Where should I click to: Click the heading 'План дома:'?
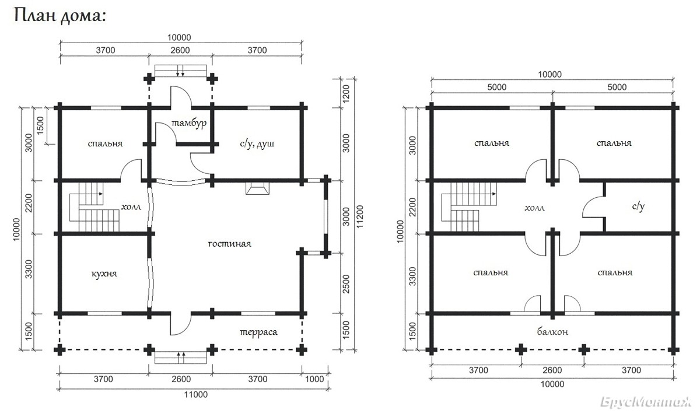pyautogui.click(x=60, y=16)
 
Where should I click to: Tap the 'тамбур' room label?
pyautogui.click(x=189, y=123)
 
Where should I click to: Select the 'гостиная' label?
pyautogui.click(x=230, y=244)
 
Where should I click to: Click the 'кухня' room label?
pyautogui.click(x=104, y=274)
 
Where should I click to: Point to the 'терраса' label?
pyautogui.click(x=258, y=332)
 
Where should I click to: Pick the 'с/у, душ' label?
pyautogui.click(x=257, y=143)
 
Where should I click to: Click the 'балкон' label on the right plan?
pyautogui.click(x=552, y=331)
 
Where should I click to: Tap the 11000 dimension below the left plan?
pyautogui.click(x=195, y=394)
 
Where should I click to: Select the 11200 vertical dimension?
pyautogui.click(x=360, y=216)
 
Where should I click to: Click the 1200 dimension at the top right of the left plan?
pyautogui.click(x=346, y=93)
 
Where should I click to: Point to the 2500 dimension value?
pyautogui.click(x=346, y=284)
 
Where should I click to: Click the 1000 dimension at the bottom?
pyautogui.click(x=314, y=379)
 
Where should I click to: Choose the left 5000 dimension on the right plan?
pyautogui.click(x=497, y=87)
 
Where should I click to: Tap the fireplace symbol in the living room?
pyautogui.click(x=257, y=188)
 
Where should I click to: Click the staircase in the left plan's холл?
pyautogui.click(x=94, y=207)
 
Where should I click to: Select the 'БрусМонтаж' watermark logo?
pyautogui.click(x=646, y=402)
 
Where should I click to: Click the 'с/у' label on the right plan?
pyautogui.click(x=638, y=206)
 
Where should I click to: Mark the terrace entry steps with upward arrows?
pyautogui.click(x=181, y=358)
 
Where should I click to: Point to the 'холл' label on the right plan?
pyautogui.click(x=534, y=208)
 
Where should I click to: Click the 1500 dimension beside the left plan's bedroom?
pyautogui.click(x=41, y=125)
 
